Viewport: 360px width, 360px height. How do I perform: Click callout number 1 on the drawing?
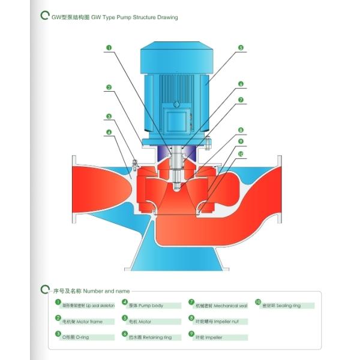coord(109,47)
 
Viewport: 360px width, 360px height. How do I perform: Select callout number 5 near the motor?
coord(240,47)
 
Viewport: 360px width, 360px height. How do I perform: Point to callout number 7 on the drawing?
coord(240,100)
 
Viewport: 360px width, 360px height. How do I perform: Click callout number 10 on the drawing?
coord(240,154)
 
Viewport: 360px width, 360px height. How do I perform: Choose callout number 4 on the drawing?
coord(109,132)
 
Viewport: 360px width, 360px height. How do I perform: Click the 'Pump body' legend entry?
coord(147,305)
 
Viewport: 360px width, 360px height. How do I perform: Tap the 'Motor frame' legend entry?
coord(83,321)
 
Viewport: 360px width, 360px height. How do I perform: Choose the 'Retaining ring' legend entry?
coord(151,337)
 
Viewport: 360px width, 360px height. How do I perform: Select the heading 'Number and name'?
coord(90,290)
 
